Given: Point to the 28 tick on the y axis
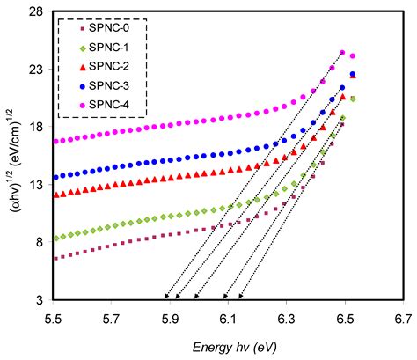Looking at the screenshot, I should coord(37,12).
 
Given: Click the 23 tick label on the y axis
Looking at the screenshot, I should coord(37,70).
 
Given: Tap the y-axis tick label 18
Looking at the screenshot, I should coord(37,127).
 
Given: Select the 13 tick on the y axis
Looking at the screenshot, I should coord(37,185).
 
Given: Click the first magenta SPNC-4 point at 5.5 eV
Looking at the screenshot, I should coord(55,141).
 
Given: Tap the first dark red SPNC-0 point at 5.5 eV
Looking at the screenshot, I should coord(55,258).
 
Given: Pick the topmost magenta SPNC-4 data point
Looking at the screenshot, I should coord(342,53).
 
